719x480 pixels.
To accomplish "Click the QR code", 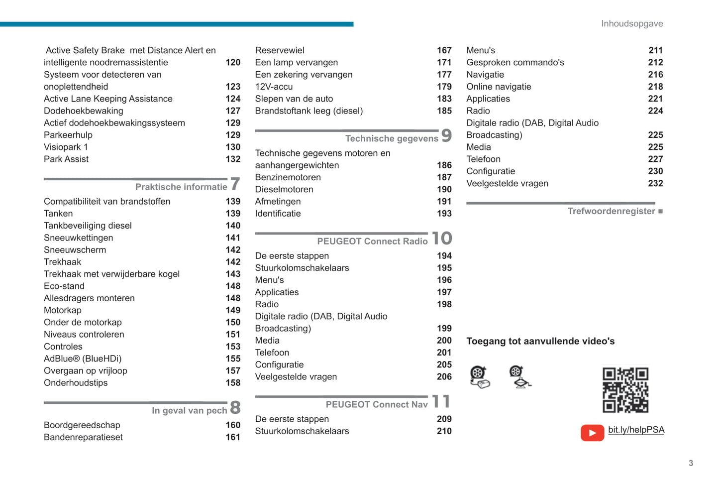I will pyautogui.click(x=625, y=390).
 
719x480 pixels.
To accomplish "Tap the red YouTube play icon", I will pyautogui.click(x=592, y=433).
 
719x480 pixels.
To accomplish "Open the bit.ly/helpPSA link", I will pyautogui.click(x=636, y=430).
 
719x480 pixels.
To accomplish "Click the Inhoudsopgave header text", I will pyautogui.click(x=631, y=23).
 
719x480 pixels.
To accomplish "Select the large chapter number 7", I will pyautogui.click(x=235, y=184).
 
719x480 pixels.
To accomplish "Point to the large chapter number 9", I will pyautogui.click(x=446, y=136).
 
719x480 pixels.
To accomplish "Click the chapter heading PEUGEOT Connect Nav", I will pyautogui.click(x=376, y=404).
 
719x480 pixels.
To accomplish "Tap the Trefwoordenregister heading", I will pyautogui.click(x=611, y=211).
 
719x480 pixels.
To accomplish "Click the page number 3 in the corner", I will pyautogui.click(x=691, y=463).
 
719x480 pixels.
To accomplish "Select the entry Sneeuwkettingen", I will pyautogui.click(x=78, y=238).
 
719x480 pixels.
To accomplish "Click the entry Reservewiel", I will pyautogui.click(x=280, y=50).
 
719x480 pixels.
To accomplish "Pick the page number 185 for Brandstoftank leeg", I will pyautogui.click(x=444, y=111).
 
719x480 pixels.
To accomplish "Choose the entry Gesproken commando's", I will pyautogui.click(x=515, y=62).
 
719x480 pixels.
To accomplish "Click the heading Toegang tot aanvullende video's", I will pyautogui.click(x=540, y=341).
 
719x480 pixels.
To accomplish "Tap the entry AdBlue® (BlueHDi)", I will pyautogui.click(x=83, y=359).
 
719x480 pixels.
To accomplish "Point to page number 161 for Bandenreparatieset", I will pyautogui.click(x=233, y=437).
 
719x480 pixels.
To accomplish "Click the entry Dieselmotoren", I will pyautogui.click(x=284, y=189).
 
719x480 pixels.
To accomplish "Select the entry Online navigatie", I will pyautogui.click(x=499, y=87).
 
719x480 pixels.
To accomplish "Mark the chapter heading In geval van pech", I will pyautogui.click(x=189, y=410).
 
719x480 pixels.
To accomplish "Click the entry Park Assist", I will pyautogui.click(x=66, y=159).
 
